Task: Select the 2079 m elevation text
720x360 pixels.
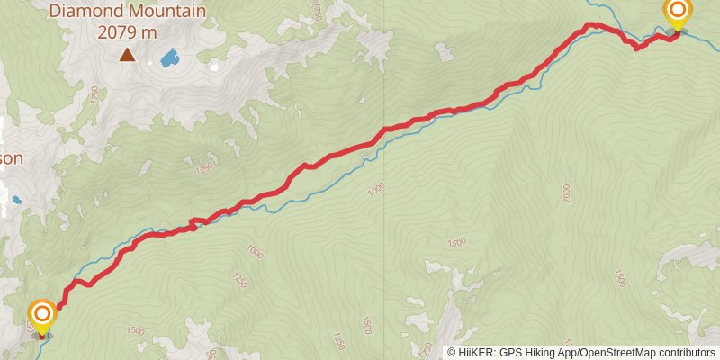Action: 127,32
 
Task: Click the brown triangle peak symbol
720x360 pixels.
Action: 127,55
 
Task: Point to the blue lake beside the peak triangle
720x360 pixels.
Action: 167,59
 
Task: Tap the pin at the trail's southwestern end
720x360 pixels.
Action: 42,315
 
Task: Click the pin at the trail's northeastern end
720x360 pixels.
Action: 677,13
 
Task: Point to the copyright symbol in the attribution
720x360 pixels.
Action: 452,353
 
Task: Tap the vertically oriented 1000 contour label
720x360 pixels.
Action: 566,193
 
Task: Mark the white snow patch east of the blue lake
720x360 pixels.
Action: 212,65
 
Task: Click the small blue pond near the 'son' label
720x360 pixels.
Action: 15,200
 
